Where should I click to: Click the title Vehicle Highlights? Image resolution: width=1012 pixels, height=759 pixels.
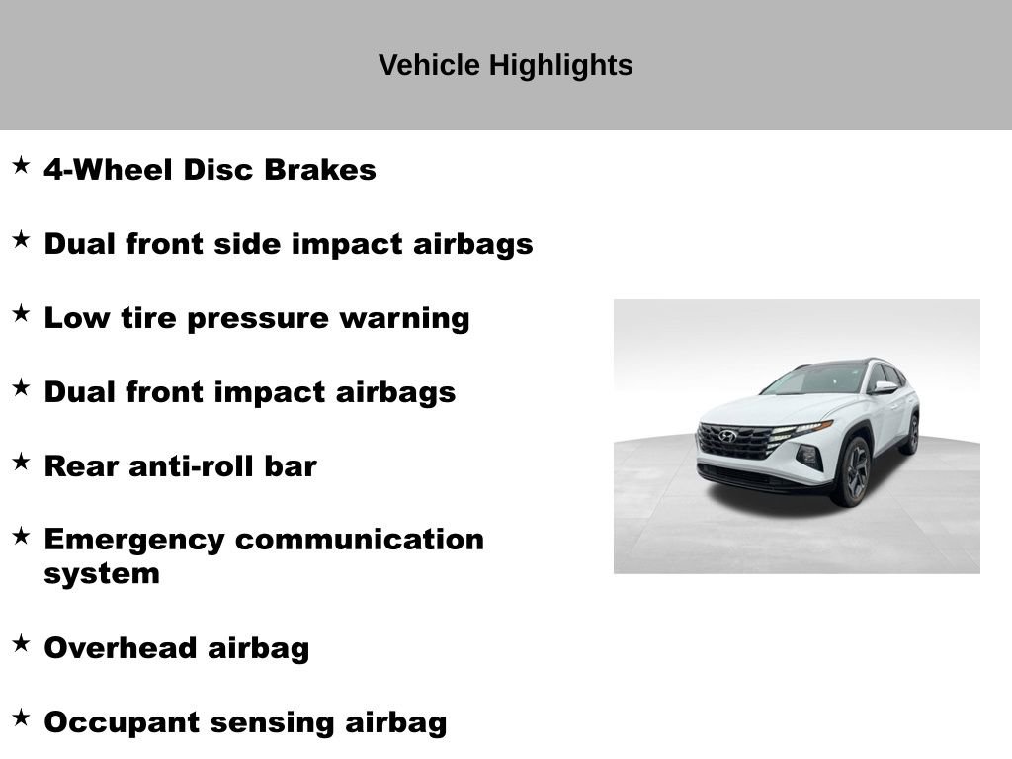[x=505, y=65]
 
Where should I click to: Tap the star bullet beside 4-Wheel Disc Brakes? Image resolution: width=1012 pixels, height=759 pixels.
[x=21, y=166]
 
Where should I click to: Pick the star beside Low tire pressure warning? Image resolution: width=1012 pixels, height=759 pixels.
[x=21, y=314]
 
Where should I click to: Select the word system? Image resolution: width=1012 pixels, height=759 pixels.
[x=102, y=574]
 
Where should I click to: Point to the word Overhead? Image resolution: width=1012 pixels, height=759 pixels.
[x=122, y=648]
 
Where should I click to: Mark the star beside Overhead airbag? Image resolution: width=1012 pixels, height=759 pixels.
[x=21, y=644]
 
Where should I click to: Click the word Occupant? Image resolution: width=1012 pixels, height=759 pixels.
[x=121, y=722]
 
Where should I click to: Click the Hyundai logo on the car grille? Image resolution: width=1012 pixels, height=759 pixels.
[x=728, y=436]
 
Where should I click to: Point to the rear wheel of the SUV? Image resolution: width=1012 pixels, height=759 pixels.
[x=910, y=434]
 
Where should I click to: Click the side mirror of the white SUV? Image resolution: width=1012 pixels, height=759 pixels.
[x=883, y=387]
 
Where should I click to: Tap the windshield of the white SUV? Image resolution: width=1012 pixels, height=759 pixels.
[x=817, y=379]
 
